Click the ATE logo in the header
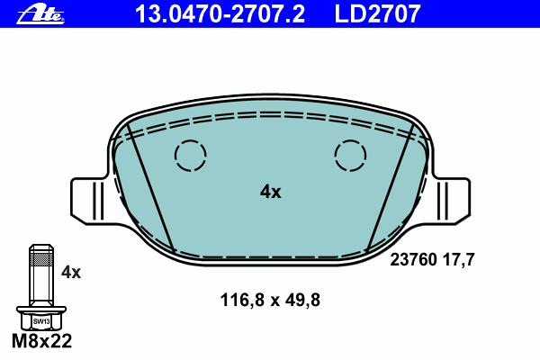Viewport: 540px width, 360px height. coord(40,15)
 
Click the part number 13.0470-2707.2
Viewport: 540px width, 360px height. coord(220,13)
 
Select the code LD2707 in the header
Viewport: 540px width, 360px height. coord(377,13)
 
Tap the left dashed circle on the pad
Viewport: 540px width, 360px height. coord(191,156)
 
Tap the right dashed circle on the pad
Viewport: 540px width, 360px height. coord(350,156)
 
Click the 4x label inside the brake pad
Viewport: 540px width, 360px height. coord(271,192)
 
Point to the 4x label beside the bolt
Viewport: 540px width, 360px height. coord(71,273)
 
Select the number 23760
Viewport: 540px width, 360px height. coord(413,259)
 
